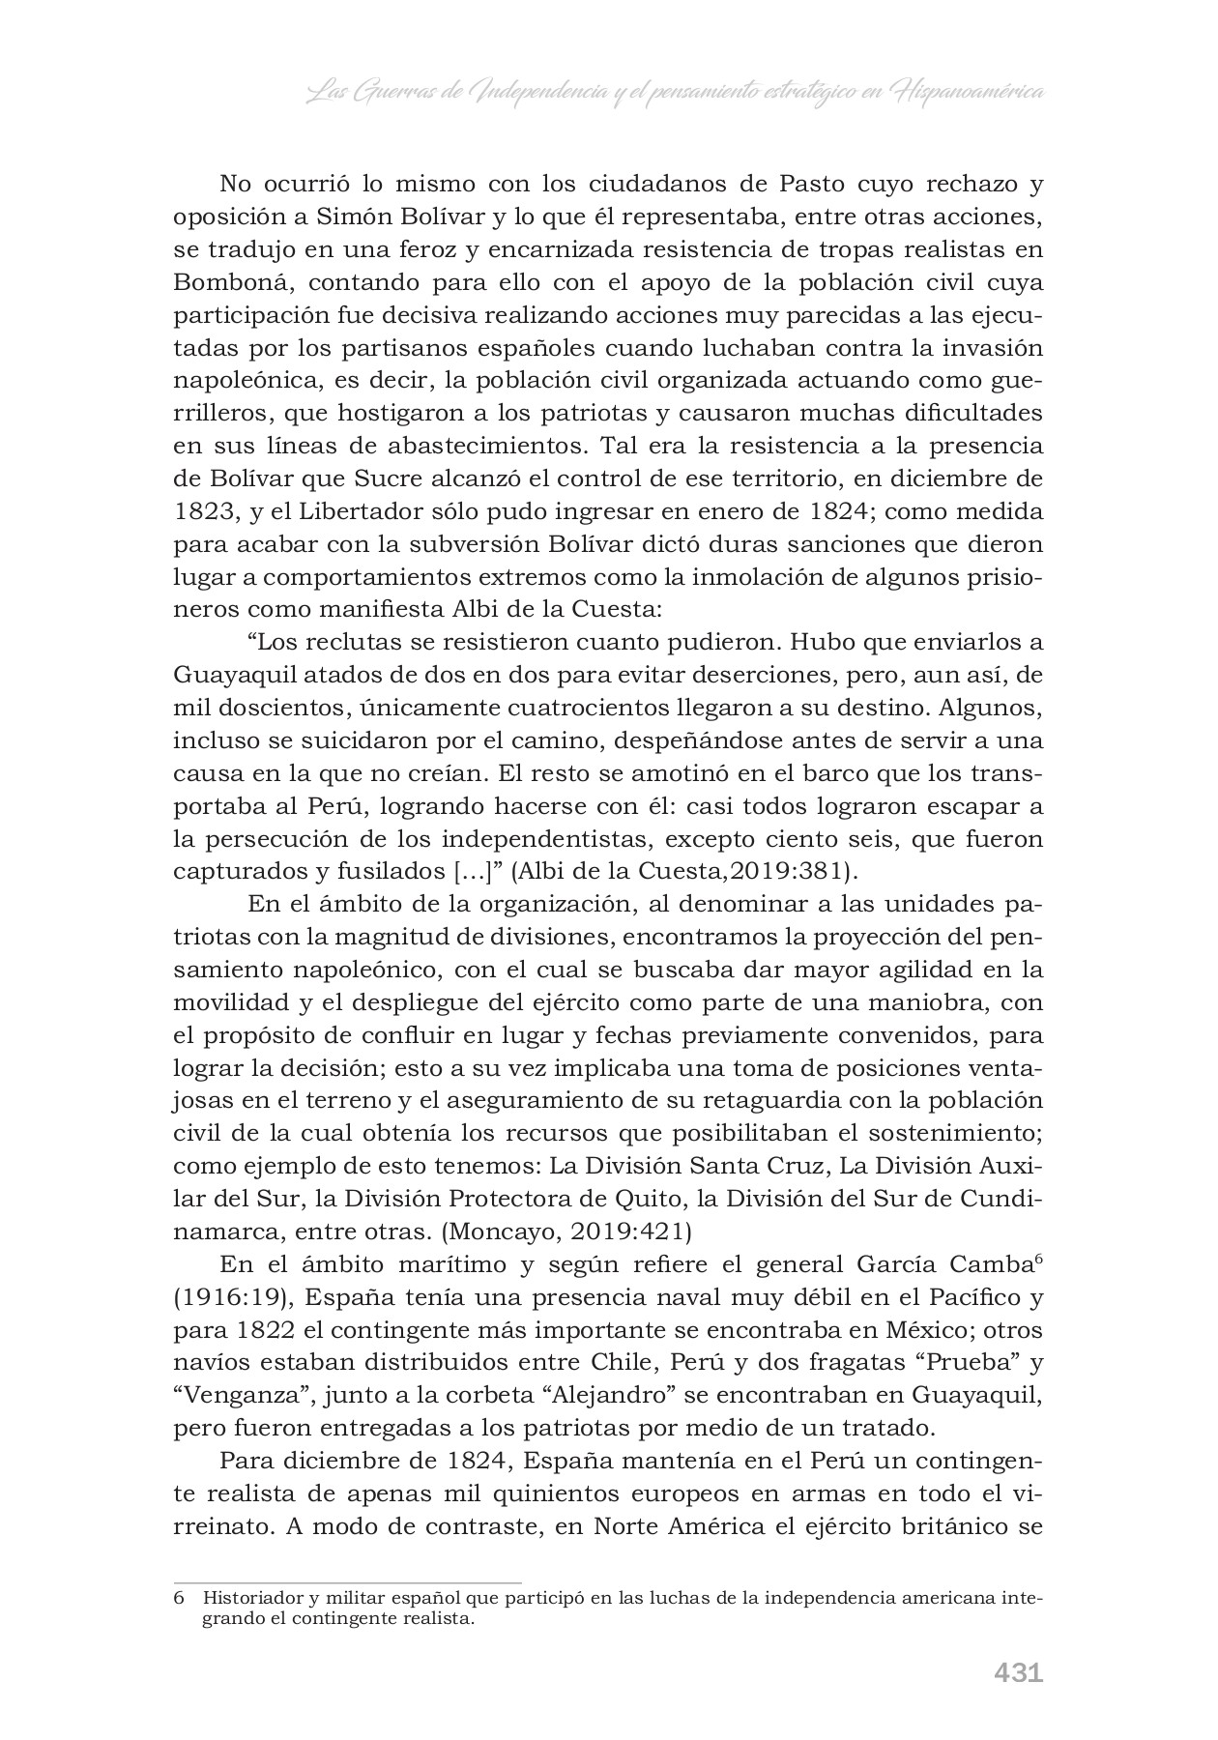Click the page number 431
[1018, 1673]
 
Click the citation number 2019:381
[803, 871]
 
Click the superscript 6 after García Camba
[1037, 1258]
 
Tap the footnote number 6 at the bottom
[178, 1598]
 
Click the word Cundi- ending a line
[1001, 1199]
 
